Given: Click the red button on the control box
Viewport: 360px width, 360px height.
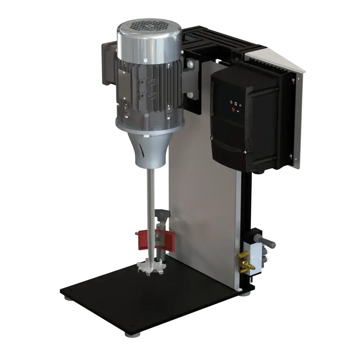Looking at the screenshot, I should (234, 109).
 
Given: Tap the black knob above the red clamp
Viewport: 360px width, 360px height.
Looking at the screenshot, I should (162, 216).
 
